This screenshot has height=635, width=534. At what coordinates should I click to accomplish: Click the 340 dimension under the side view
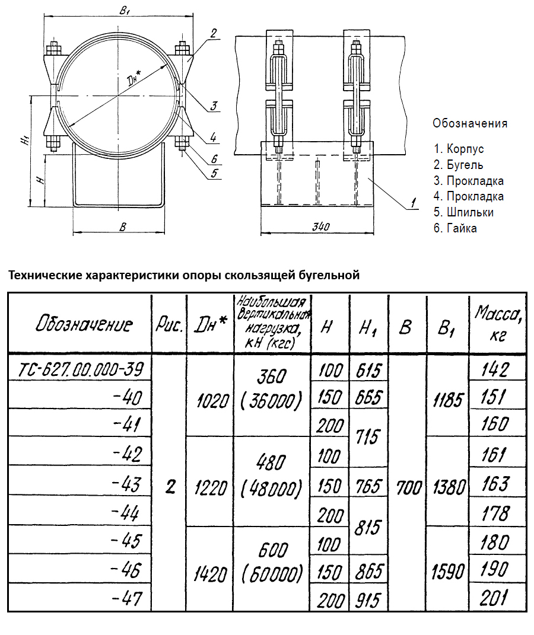coord(319,226)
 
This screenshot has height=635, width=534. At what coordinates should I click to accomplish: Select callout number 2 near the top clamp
coord(213,33)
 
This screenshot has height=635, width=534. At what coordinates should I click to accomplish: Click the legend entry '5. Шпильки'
coord(463,212)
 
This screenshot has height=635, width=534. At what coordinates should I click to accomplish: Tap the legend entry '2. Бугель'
coord(458,165)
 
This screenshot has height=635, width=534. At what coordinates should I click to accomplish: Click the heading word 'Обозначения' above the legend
coord(470,123)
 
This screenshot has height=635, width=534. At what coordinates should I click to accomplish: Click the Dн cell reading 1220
coord(210,487)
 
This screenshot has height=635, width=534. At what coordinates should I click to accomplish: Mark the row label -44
coord(126,513)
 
